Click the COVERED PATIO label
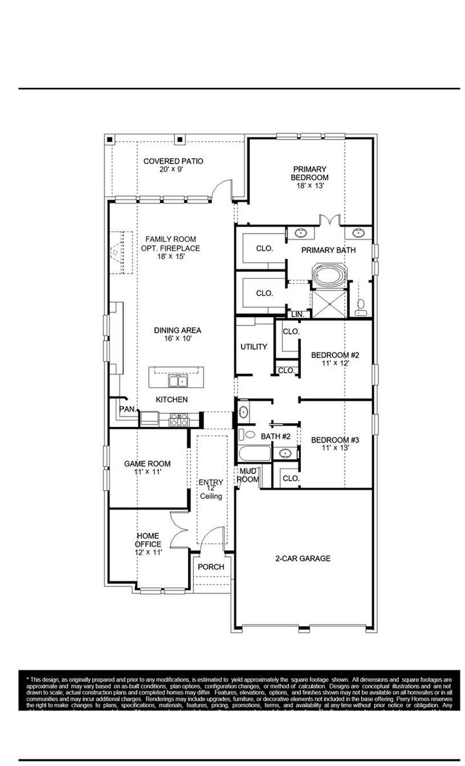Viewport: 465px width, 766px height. [x=173, y=161]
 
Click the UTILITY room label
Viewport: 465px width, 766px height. [x=254, y=347]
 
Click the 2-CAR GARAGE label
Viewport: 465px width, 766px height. [x=303, y=559]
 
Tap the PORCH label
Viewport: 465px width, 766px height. [x=211, y=567]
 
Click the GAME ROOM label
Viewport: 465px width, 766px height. [x=148, y=464]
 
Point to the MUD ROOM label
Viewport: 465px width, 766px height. [x=249, y=475]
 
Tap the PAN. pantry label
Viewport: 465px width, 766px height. [x=127, y=409]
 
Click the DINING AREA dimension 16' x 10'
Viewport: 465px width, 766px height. [x=173, y=338]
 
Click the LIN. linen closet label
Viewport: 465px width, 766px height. [x=297, y=314]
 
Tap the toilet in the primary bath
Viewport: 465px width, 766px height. [x=361, y=305]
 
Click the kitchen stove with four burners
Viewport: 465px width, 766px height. [x=178, y=420]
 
